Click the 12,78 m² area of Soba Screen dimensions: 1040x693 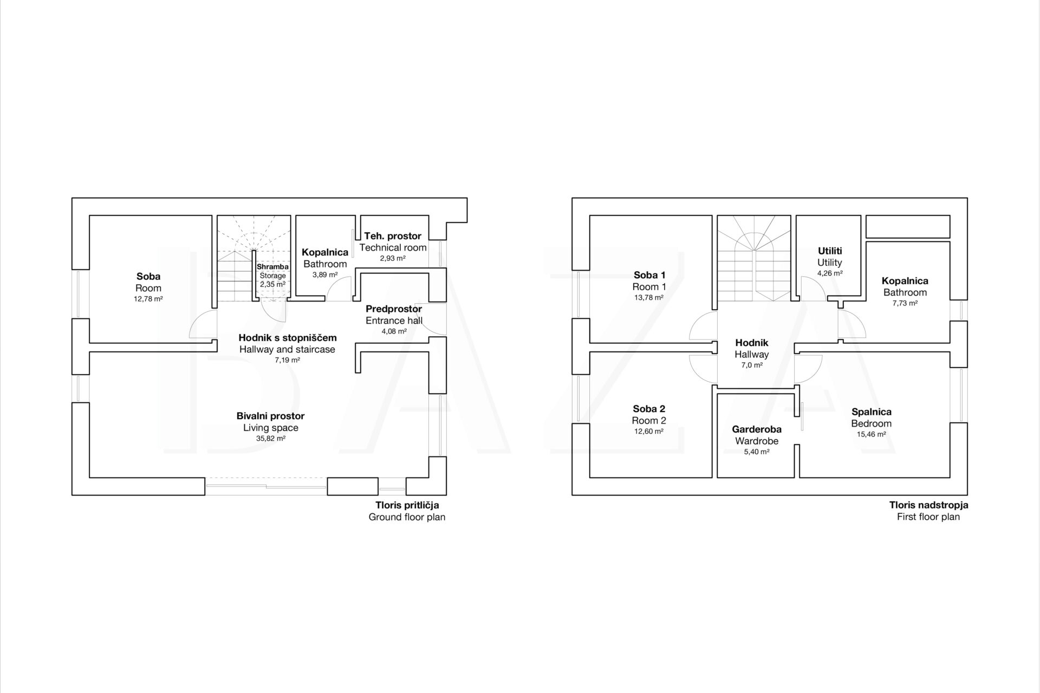pyautogui.click(x=148, y=299)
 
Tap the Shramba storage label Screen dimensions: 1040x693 pyautogui.click(x=272, y=267)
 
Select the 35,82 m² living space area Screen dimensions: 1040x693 pyautogui.click(x=271, y=439)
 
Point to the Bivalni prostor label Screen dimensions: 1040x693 pyautogui.click(x=271, y=416)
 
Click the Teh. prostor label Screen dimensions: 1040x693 pyautogui.click(x=393, y=236)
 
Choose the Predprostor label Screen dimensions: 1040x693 pyautogui.click(x=394, y=309)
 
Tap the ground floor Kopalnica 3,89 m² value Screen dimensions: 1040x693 pyautogui.click(x=325, y=274)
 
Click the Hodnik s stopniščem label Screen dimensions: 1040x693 pyautogui.click(x=288, y=338)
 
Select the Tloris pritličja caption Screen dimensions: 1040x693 pyautogui.click(x=407, y=505)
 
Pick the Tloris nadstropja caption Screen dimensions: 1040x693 pyautogui.click(x=928, y=505)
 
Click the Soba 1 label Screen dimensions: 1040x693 pyautogui.click(x=649, y=275)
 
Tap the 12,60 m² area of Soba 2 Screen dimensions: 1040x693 pyautogui.click(x=649, y=432)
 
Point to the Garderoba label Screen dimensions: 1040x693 pyautogui.click(x=757, y=429)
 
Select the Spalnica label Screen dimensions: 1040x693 pyautogui.click(x=871, y=412)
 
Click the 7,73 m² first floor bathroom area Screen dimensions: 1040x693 pyautogui.click(x=905, y=303)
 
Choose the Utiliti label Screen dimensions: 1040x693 pyautogui.click(x=830, y=251)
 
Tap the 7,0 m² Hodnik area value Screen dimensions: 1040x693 pyautogui.click(x=752, y=365)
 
